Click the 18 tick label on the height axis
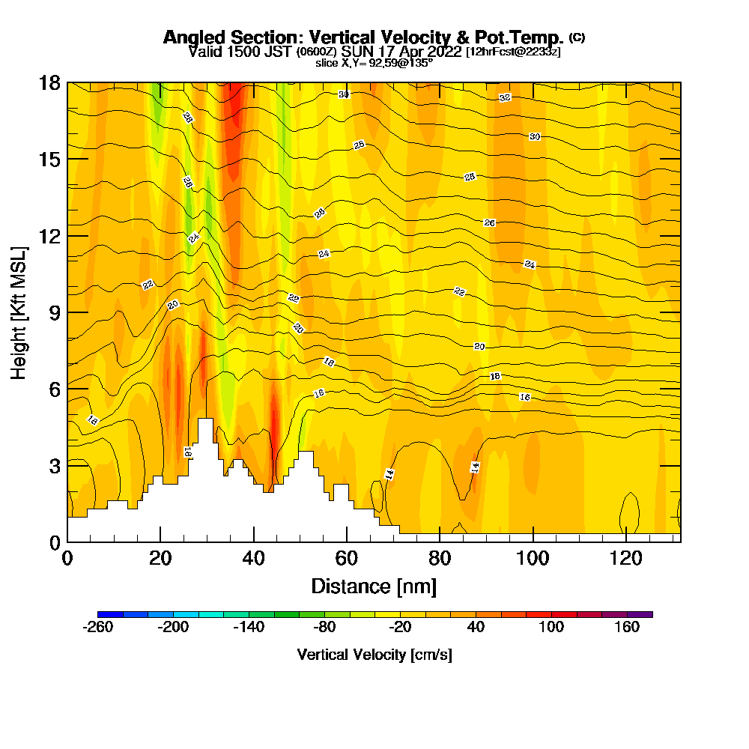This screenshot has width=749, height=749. click(49, 83)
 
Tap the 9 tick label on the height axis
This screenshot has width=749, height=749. click(55, 312)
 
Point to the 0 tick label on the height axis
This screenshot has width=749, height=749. click(55, 542)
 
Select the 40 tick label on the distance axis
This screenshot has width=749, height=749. click(254, 558)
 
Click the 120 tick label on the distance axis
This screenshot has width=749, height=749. click(625, 558)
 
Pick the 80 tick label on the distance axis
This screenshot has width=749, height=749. click(440, 558)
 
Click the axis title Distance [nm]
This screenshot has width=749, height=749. click(374, 585)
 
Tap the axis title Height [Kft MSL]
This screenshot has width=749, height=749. click(19, 312)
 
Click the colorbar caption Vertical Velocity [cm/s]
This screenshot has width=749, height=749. click(374, 655)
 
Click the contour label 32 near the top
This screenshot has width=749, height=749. click(505, 98)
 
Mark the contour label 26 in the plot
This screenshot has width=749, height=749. click(490, 223)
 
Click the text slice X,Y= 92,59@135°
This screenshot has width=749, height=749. click(374, 63)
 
